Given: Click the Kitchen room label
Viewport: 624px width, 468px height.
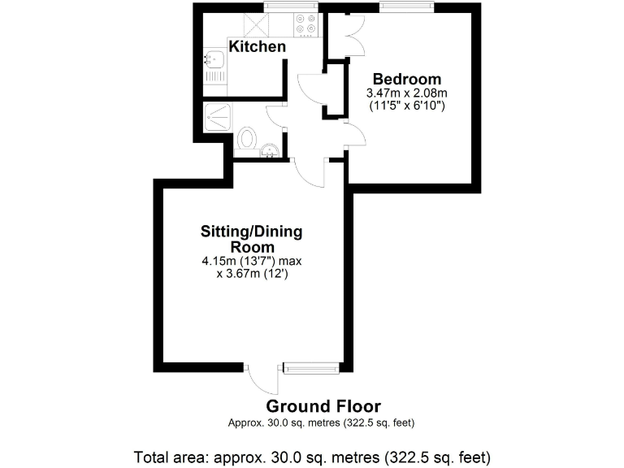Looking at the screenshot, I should (258, 47).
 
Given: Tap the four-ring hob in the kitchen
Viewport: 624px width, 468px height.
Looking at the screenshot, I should (305, 25).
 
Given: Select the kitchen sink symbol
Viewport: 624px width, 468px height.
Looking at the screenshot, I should (216, 58).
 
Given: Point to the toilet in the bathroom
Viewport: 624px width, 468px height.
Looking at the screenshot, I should (247, 139).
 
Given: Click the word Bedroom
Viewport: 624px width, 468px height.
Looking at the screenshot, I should (407, 79).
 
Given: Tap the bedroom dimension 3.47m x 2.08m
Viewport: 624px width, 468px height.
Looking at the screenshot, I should (407, 93).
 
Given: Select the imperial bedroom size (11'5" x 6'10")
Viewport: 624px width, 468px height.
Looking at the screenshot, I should (407, 106).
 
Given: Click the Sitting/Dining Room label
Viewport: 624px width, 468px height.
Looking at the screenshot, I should (251, 239).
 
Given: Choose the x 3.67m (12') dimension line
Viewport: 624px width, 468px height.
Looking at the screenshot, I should (253, 274).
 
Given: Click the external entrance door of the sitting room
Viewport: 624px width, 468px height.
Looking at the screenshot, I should (263, 379).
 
